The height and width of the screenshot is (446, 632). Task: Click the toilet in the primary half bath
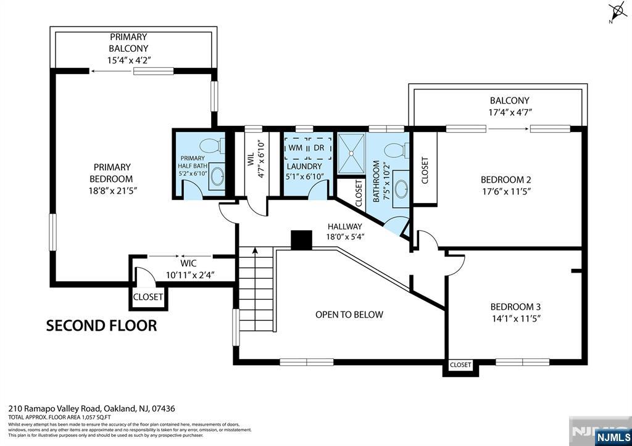(212, 146)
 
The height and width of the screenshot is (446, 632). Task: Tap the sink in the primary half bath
(217, 176)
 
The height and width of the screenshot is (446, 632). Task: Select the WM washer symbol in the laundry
(295, 148)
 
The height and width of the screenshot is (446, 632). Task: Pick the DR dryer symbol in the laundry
(319, 148)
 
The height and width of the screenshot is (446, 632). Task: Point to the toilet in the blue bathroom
(395, 150)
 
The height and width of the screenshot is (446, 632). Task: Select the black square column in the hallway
(302, 240)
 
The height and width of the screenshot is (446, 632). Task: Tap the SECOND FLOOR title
(101, 325)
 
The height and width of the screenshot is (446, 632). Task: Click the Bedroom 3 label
(515, 307)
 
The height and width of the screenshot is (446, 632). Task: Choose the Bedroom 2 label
(506, 180)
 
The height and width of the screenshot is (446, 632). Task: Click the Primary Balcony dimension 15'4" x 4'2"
(128, 60)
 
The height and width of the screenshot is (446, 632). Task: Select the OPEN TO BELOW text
(349, 315)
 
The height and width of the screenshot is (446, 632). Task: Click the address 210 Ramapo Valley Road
(91, 408)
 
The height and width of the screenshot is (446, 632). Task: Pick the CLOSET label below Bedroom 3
(460, 365)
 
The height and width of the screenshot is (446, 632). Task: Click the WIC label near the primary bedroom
(188, 263)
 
